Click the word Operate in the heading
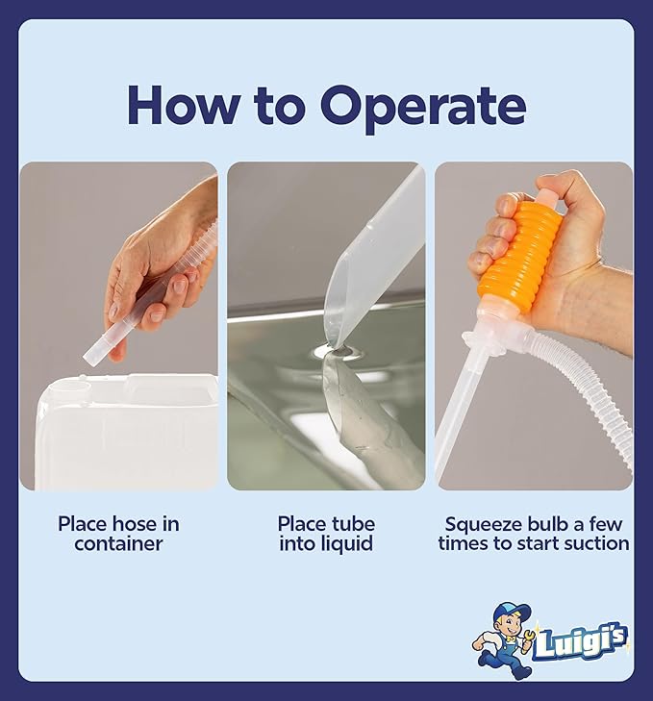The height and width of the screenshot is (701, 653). pos(422,108)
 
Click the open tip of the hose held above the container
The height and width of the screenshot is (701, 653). pos(90,358)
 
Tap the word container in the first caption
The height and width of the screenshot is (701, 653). pos(118,544)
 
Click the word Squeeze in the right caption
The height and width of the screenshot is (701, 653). pos(484,525)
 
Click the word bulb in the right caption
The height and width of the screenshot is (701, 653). pos(545,524)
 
